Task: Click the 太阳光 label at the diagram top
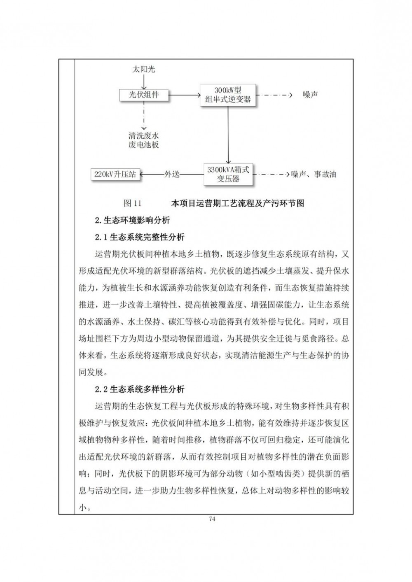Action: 143,70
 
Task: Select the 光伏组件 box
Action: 143,95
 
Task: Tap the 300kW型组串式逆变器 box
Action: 228,95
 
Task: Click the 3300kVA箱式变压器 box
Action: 228,174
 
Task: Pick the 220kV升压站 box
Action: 115,174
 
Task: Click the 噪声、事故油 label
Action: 314,174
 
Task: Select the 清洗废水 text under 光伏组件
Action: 143,136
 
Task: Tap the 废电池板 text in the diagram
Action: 143,145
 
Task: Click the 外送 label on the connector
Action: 172,174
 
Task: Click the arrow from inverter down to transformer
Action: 228,136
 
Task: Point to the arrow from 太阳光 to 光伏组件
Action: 143,82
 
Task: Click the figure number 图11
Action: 132,203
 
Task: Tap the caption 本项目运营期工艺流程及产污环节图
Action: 237,203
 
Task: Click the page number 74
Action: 212,519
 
